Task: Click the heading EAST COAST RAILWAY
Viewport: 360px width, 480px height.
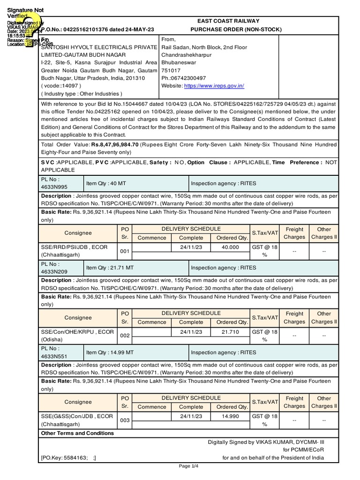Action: (x=228, y=21)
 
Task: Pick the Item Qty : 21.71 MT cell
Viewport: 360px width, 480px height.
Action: (x=110, y=268)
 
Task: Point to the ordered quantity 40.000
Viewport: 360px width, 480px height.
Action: (x=230, y=247)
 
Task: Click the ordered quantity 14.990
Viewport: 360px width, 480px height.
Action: (x=230, y=416)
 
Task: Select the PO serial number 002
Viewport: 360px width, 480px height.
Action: (x=124, y=336)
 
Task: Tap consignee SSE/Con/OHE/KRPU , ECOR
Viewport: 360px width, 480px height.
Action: (x=77, y=331)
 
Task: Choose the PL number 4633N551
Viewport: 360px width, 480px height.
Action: (x=54, y=356)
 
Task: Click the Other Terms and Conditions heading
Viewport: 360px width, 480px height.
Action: (x=77, y=433)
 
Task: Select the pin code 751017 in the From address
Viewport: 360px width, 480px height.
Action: (x=170, y=70)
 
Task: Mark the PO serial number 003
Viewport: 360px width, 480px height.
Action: (x=124, y=420)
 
